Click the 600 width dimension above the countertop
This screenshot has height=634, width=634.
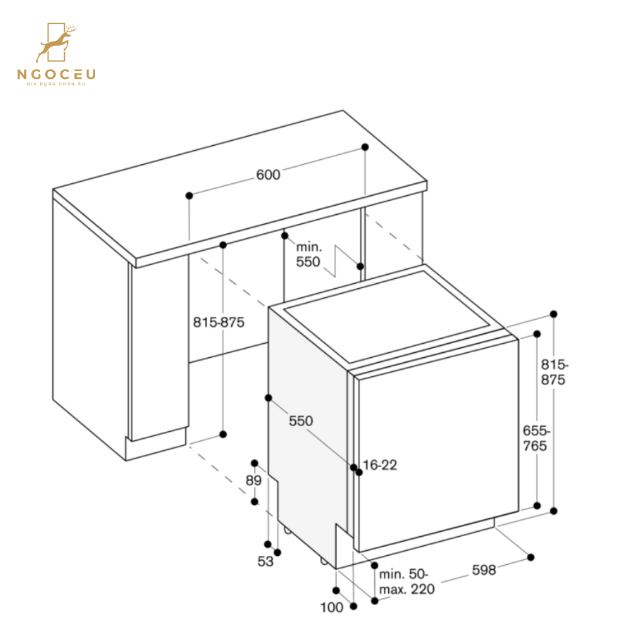[x=268, y=175]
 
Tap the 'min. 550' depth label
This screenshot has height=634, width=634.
[x=309, y=254]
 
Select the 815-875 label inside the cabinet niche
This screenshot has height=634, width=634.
[x=218, y=323]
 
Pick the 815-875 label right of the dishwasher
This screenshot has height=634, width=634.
[x=554, y=372]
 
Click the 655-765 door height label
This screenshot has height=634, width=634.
[x=535, y=437]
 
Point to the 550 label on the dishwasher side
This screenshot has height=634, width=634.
[x=301, y=421]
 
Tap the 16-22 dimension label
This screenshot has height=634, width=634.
[x=380, y=465]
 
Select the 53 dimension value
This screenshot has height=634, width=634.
[x=265, y=561]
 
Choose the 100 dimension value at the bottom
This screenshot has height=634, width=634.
[x=331, y=607]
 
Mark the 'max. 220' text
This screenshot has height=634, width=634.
[x=406, y=589]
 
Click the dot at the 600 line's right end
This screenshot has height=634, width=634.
[x=365, y=147]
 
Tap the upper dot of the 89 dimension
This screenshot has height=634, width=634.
[x=255, y=462]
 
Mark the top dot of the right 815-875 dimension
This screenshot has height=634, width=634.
[x=554, y=314]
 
